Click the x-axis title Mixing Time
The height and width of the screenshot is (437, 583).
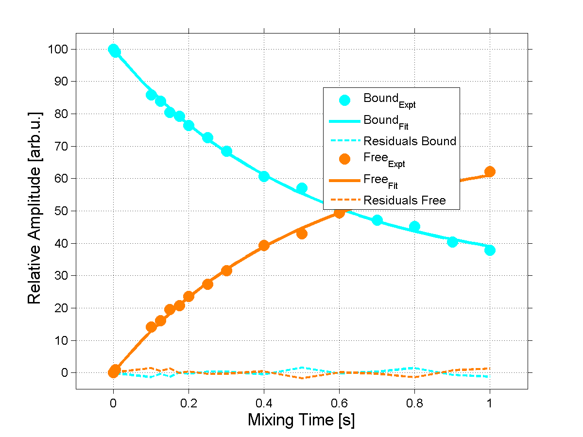[301, 420]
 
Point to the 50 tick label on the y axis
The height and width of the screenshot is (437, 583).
[61, 211]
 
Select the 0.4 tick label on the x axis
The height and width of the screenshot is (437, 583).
[264, 403]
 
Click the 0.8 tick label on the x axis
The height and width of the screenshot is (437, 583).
[414, 403]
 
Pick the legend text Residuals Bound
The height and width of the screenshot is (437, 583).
[410, 141]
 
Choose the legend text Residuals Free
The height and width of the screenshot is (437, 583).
[404, 200]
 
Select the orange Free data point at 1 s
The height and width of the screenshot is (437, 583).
[490, 171]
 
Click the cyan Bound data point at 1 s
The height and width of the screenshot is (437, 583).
[490, 250]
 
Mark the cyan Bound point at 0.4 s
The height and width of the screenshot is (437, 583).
[264, 176]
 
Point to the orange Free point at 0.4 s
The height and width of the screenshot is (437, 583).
[264, 245]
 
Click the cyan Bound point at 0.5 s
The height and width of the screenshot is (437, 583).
[302, 188]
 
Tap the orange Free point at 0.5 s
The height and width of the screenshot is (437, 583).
[302, 234]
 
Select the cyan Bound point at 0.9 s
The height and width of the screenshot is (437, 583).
[452, 242]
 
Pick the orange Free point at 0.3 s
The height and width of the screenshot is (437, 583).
[226, 270]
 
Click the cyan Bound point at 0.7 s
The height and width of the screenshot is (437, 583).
[377, 220]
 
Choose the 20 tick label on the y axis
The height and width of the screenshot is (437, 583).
[61, 308]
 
